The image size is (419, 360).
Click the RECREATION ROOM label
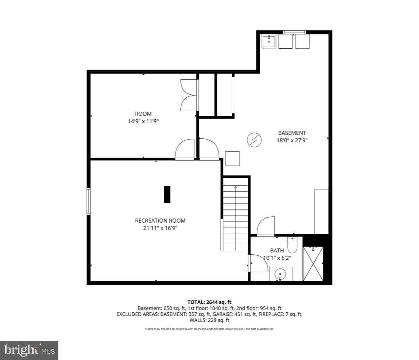(160, 221)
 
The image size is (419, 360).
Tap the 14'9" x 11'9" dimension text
(143, 121)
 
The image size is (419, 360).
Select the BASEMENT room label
(292, 133)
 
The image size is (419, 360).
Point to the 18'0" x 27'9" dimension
(292, 141)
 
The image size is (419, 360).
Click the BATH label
(277, 250)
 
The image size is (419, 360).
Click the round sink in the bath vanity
(280, 274)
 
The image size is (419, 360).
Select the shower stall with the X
(313, 264)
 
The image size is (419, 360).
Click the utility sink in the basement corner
(269, 41)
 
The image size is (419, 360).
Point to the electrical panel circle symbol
(254, 140)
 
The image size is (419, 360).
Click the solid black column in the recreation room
(167, 194)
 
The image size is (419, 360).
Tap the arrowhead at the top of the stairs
(235, 187)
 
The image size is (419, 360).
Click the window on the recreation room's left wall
(89, 201)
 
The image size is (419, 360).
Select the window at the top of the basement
(294, 32)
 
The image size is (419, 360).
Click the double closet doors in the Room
(189, 95)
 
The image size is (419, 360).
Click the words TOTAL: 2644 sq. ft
(209, 302)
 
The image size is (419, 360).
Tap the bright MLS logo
(30, 351)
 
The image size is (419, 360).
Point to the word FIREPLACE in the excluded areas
(270, 314)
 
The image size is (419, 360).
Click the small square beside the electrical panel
(232, 159)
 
